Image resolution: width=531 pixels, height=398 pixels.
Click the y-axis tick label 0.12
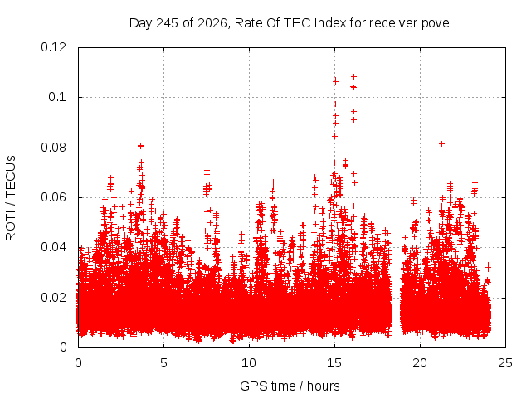53,47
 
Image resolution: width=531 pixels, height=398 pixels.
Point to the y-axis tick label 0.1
57,97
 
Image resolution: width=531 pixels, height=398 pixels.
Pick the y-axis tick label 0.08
53,148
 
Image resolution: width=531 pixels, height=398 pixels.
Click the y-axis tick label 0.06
53,197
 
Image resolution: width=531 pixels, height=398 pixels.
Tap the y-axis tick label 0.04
53,247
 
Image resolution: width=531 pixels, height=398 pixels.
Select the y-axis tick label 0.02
53,298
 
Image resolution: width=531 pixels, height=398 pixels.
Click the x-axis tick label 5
164,363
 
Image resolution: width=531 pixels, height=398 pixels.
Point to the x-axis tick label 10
249,363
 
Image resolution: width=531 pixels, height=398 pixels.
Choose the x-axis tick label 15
334,363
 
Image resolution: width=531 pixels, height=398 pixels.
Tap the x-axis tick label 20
420,363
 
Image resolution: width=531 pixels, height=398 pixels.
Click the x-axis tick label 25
505,363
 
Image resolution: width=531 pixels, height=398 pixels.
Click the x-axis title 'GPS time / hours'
290,386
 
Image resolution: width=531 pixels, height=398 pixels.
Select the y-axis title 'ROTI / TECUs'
11,198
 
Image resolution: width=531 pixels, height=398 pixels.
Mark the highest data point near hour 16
354,76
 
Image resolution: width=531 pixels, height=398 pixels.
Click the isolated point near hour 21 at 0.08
441,143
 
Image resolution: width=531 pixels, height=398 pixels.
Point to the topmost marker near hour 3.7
140,146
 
